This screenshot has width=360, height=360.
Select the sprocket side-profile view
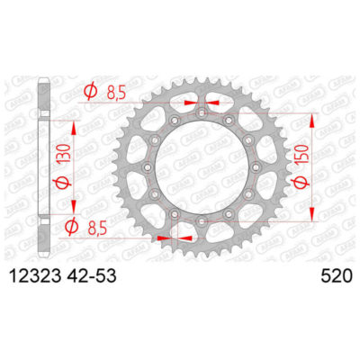(x=44, y=166)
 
